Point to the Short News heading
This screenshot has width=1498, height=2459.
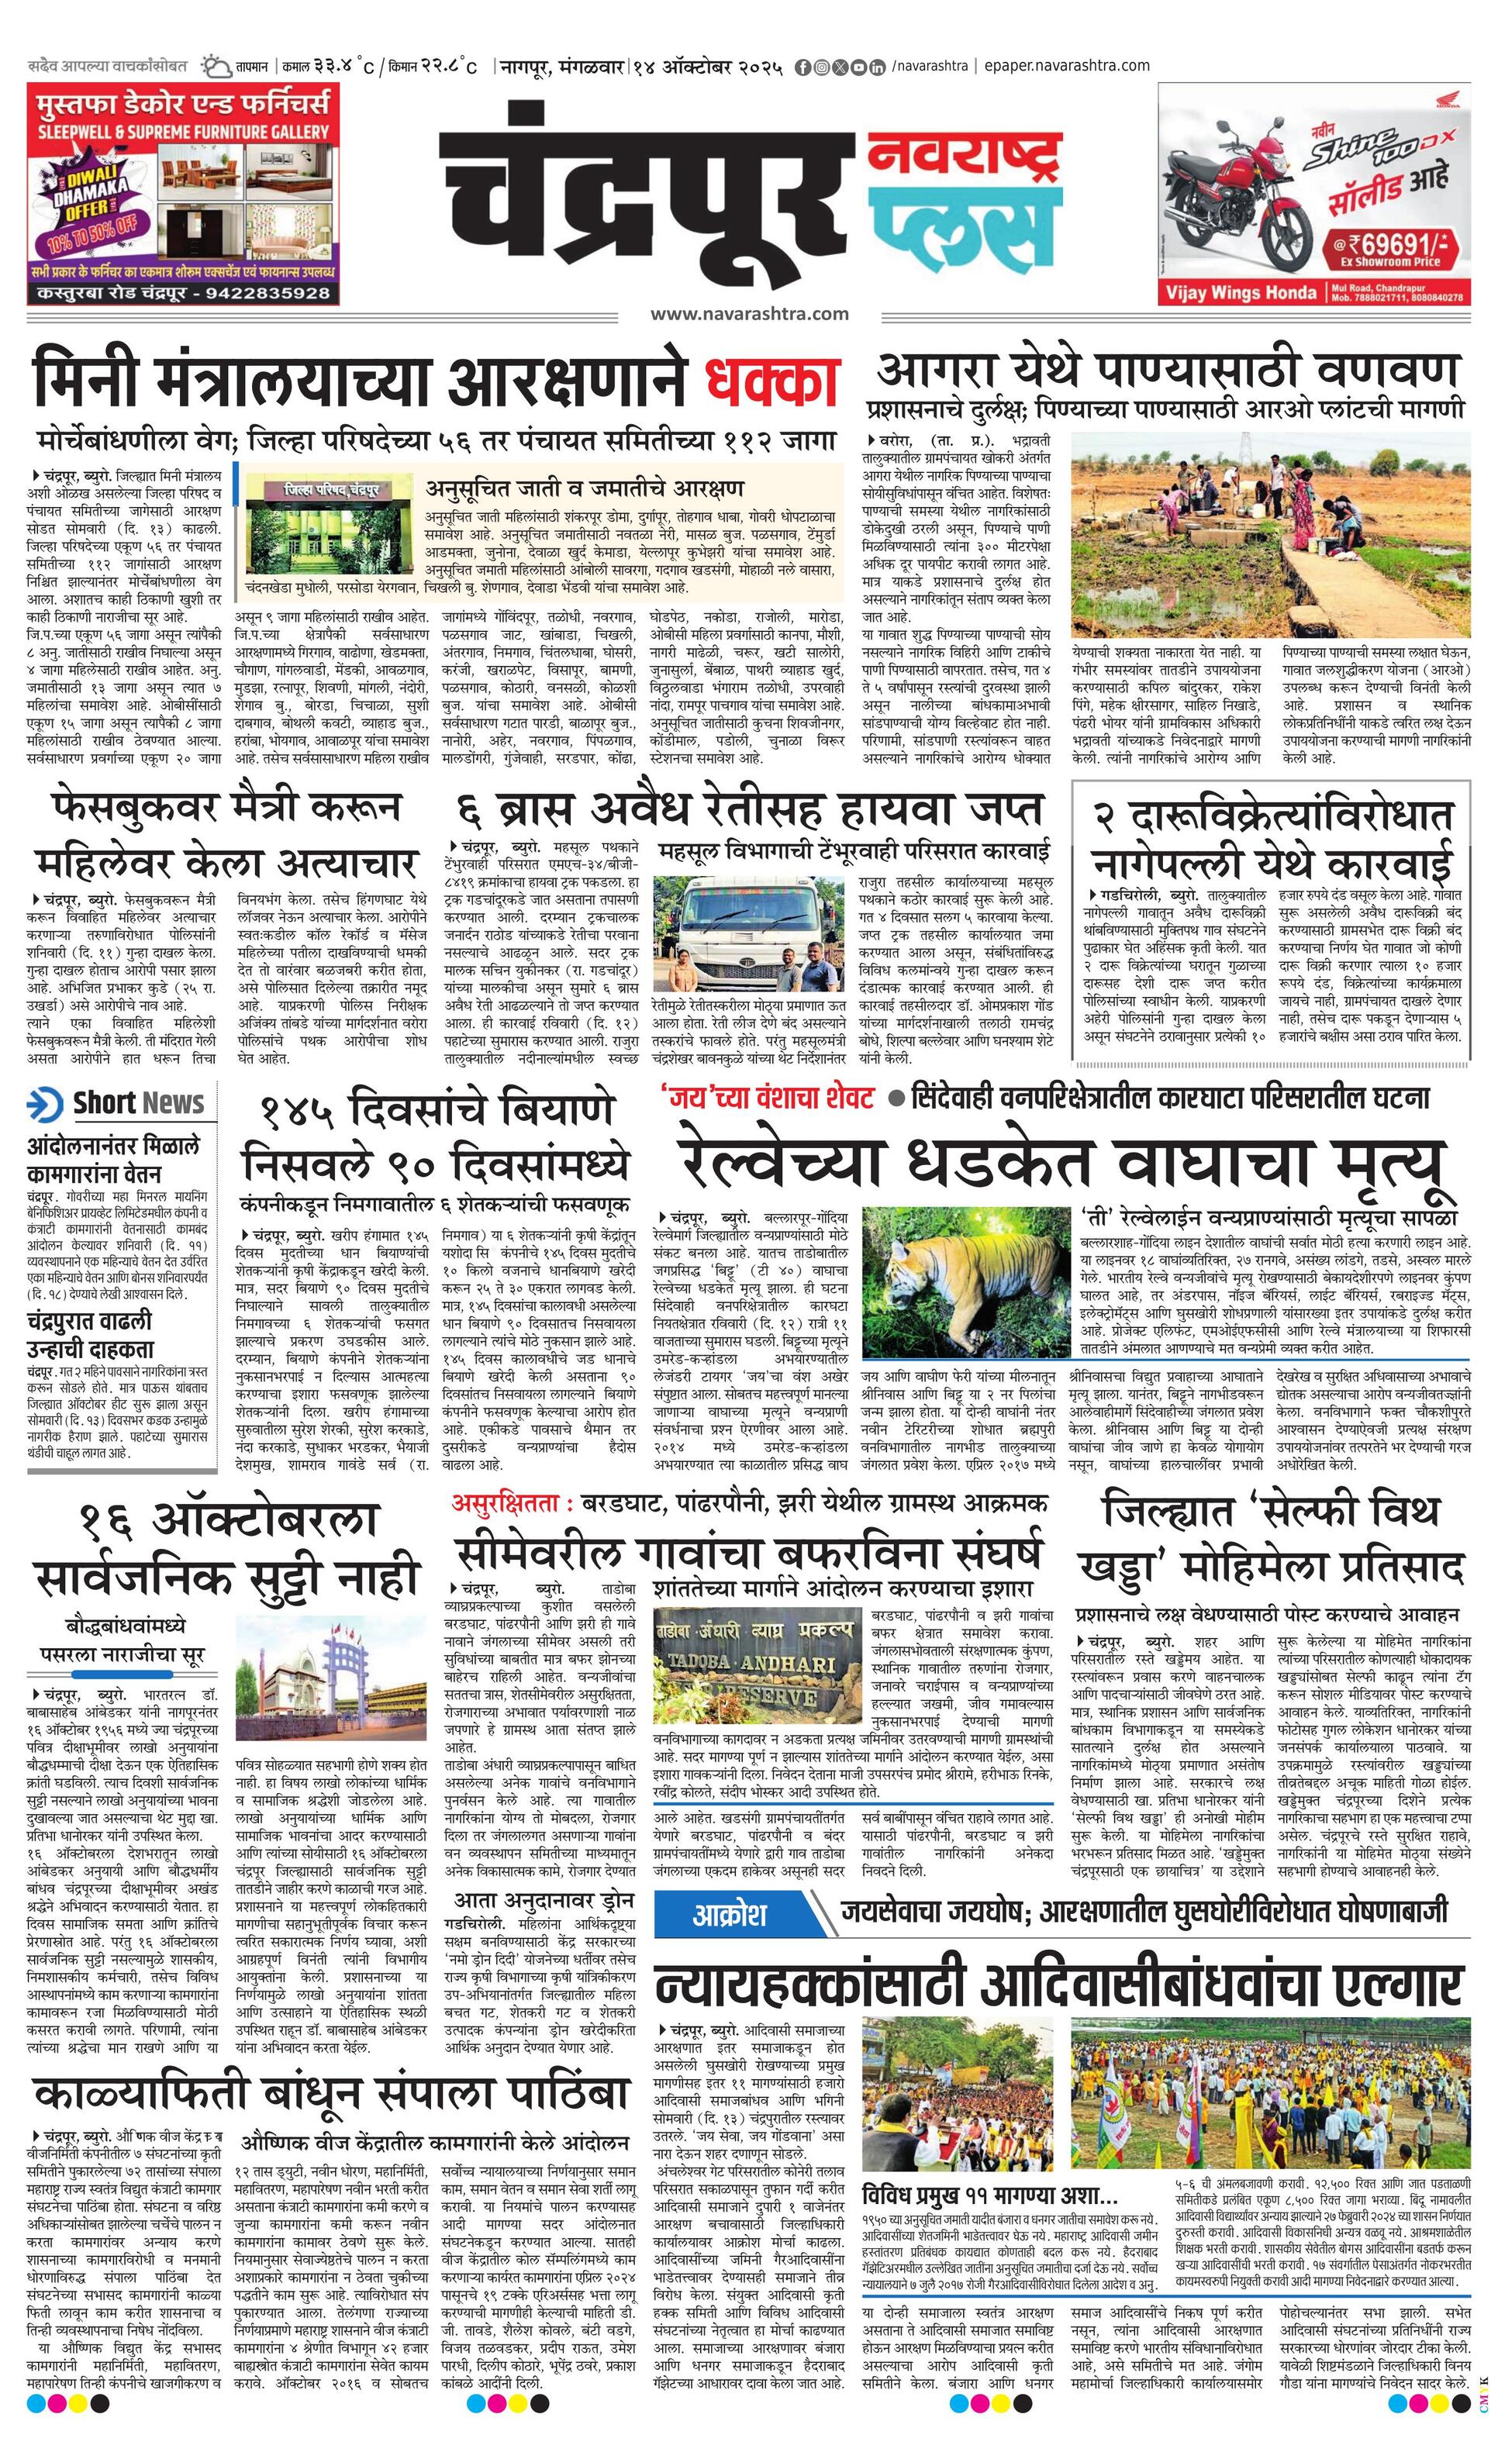pyautogui.click(x=138, y=1103)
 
